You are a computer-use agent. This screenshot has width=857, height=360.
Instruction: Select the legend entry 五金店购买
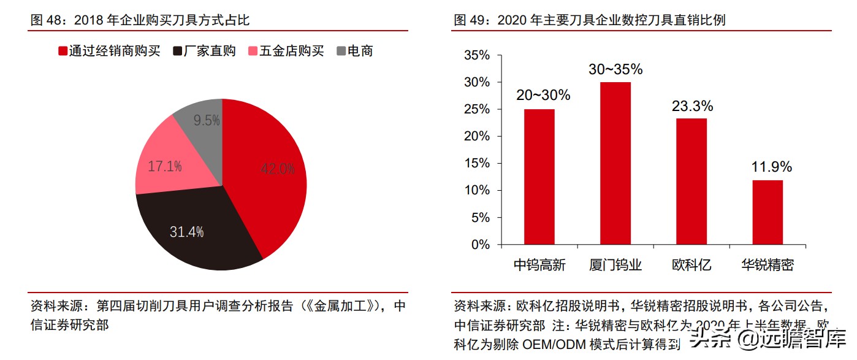[x=286, y=52]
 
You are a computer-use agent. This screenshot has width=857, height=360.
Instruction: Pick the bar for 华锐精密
[x=767, y=212]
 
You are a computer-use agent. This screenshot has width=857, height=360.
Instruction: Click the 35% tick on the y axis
[x=478, y=56]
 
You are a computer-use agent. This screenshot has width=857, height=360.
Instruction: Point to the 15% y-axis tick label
[x=478, y=164]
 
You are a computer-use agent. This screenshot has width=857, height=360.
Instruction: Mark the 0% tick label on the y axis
[x=481, y=245]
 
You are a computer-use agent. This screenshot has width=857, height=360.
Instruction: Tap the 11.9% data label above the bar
[x=772, y=167]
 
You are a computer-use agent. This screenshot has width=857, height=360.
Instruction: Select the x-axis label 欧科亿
[x=691, y=265]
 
